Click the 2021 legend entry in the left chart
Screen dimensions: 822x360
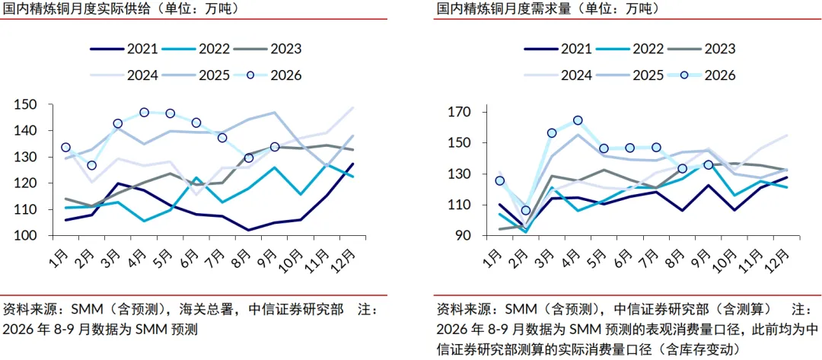point(124,49)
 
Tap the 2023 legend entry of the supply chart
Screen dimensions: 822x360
point(267,49)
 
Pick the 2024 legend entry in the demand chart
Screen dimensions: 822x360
point(559,75)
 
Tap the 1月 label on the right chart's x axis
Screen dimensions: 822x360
point(492,256)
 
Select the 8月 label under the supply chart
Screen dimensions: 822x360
point(243,256)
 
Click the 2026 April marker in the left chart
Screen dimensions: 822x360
point(144,113)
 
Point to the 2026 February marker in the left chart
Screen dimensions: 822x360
point(92,166)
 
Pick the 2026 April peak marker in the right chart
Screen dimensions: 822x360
point(578,120)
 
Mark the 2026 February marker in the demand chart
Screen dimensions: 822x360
point(526,211)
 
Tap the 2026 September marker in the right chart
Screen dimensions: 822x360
point(709,164)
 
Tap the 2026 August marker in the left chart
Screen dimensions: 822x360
point(248,158)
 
